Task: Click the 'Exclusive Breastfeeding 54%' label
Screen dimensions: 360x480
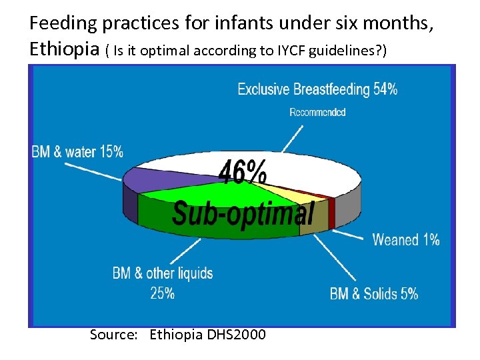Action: coord(317,89)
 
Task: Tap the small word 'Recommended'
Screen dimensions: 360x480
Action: coord(317,113)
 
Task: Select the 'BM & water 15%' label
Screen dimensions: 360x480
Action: coord(77,152)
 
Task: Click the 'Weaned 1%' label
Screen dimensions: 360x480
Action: coord(406,240)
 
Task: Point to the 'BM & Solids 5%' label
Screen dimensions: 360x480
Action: coord(374,293)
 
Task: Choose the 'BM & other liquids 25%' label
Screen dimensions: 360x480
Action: coord(163,283)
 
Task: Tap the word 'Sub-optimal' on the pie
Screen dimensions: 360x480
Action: coord(243,213)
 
